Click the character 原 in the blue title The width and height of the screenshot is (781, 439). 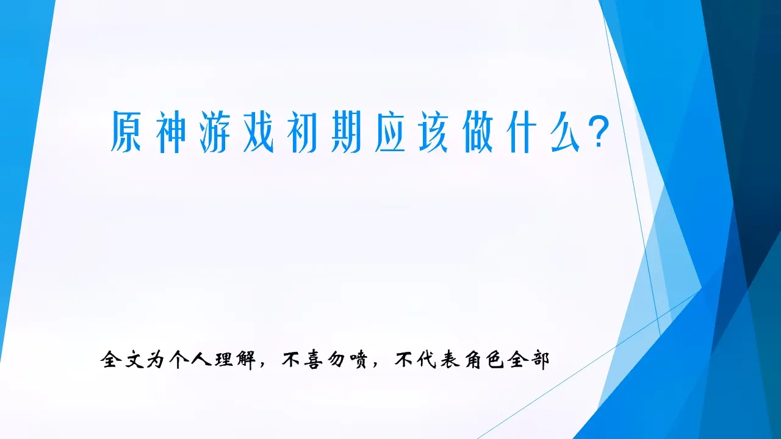[126, 132]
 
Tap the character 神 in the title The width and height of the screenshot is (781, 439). [170, 132]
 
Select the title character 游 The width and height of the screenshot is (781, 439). [214, 132]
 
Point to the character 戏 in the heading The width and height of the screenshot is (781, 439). [258, 132]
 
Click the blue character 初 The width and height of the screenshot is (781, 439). [302, 132]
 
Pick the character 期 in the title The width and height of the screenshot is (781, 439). [346, 132]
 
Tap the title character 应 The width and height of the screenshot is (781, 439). [390, 132]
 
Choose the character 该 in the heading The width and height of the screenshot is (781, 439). [434, 132]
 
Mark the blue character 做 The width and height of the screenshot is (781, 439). [478, 132]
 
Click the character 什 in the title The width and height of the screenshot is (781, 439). [522, 132]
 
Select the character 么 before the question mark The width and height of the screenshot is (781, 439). [566, 132]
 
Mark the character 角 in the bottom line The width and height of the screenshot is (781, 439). [472, 359]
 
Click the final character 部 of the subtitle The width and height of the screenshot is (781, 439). [540, 359]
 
